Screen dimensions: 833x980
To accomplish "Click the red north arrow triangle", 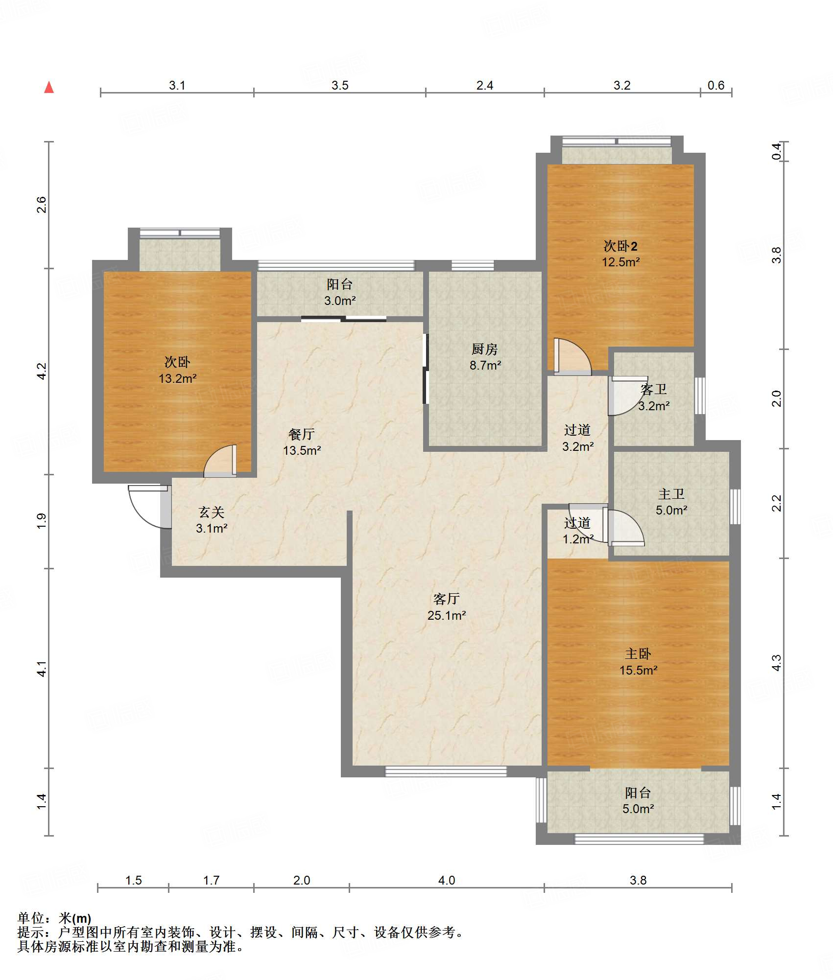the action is [x=49, y=88].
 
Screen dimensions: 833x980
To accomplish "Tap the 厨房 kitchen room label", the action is [x=485, y=357].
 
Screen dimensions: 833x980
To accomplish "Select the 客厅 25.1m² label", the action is [x=447, y=607].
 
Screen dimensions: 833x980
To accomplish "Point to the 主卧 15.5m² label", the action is [x=638, y=662].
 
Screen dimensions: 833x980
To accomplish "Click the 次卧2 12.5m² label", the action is [x=620, y=254].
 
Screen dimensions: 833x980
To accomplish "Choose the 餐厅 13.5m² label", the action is [x=302, y=442].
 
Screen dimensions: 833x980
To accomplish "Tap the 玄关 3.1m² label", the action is [x=212, y=520].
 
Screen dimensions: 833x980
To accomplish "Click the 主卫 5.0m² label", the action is [x=671, y=502].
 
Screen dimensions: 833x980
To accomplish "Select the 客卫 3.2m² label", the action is [x=654, y=397].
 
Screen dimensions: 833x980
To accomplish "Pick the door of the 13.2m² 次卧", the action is [x=220, y=460].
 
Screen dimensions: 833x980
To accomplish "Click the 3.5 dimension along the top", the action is [x=340, y=85].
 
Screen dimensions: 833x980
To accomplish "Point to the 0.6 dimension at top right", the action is [x=716, y=85].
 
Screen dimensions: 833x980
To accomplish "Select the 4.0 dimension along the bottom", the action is [x=447, y=880].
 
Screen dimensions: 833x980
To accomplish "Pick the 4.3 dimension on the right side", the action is [x=777, y=663].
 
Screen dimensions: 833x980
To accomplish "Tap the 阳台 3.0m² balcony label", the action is [x=340, y=292].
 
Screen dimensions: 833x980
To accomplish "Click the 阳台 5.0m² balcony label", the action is [x=638, y=800].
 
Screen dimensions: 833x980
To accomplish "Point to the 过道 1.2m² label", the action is [x=578, y=531].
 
